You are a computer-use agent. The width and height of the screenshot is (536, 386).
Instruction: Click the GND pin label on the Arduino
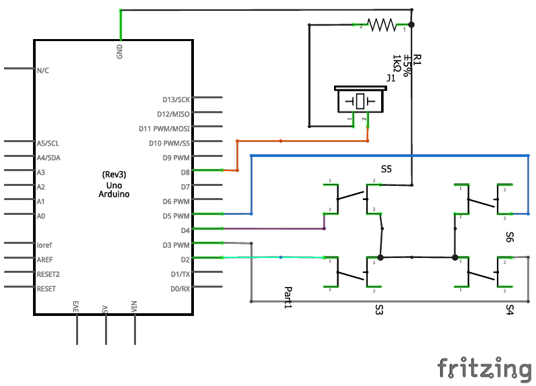coord(120,52)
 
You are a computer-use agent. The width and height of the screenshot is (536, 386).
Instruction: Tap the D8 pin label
coord(185,172)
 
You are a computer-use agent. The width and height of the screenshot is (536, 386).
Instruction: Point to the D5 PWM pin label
coord(176,216)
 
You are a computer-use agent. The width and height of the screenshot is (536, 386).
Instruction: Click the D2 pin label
coord(185,259)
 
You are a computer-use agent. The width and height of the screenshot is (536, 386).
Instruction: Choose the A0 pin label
coord(41,216)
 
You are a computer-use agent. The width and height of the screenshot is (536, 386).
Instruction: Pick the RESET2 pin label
coord(48,274)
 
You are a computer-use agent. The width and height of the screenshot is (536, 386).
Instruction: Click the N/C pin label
coord(42,70)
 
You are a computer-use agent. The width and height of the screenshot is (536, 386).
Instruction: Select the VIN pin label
coord(135,307)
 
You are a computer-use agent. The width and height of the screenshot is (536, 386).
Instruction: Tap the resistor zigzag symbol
coord(382,25)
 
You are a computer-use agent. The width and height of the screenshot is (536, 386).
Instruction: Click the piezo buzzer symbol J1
coord(360,101)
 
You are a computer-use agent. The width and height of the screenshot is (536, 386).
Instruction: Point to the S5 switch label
coord(386,169)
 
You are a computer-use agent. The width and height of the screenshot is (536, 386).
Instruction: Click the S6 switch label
coord(510,236)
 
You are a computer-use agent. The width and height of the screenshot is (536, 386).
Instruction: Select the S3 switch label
coord(379,309)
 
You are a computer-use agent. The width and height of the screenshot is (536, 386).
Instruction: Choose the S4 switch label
coord(510,309)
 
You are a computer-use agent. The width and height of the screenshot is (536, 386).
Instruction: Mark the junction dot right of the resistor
coord(411,25)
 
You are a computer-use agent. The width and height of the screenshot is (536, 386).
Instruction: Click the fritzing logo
coord(484,368)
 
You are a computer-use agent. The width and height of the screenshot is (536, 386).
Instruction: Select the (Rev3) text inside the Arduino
coord(114,174)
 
